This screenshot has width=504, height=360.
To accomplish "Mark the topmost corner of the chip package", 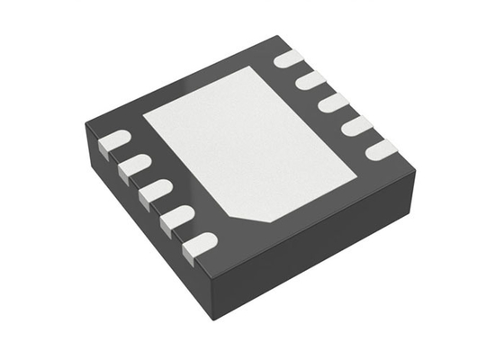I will coord(271,36).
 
